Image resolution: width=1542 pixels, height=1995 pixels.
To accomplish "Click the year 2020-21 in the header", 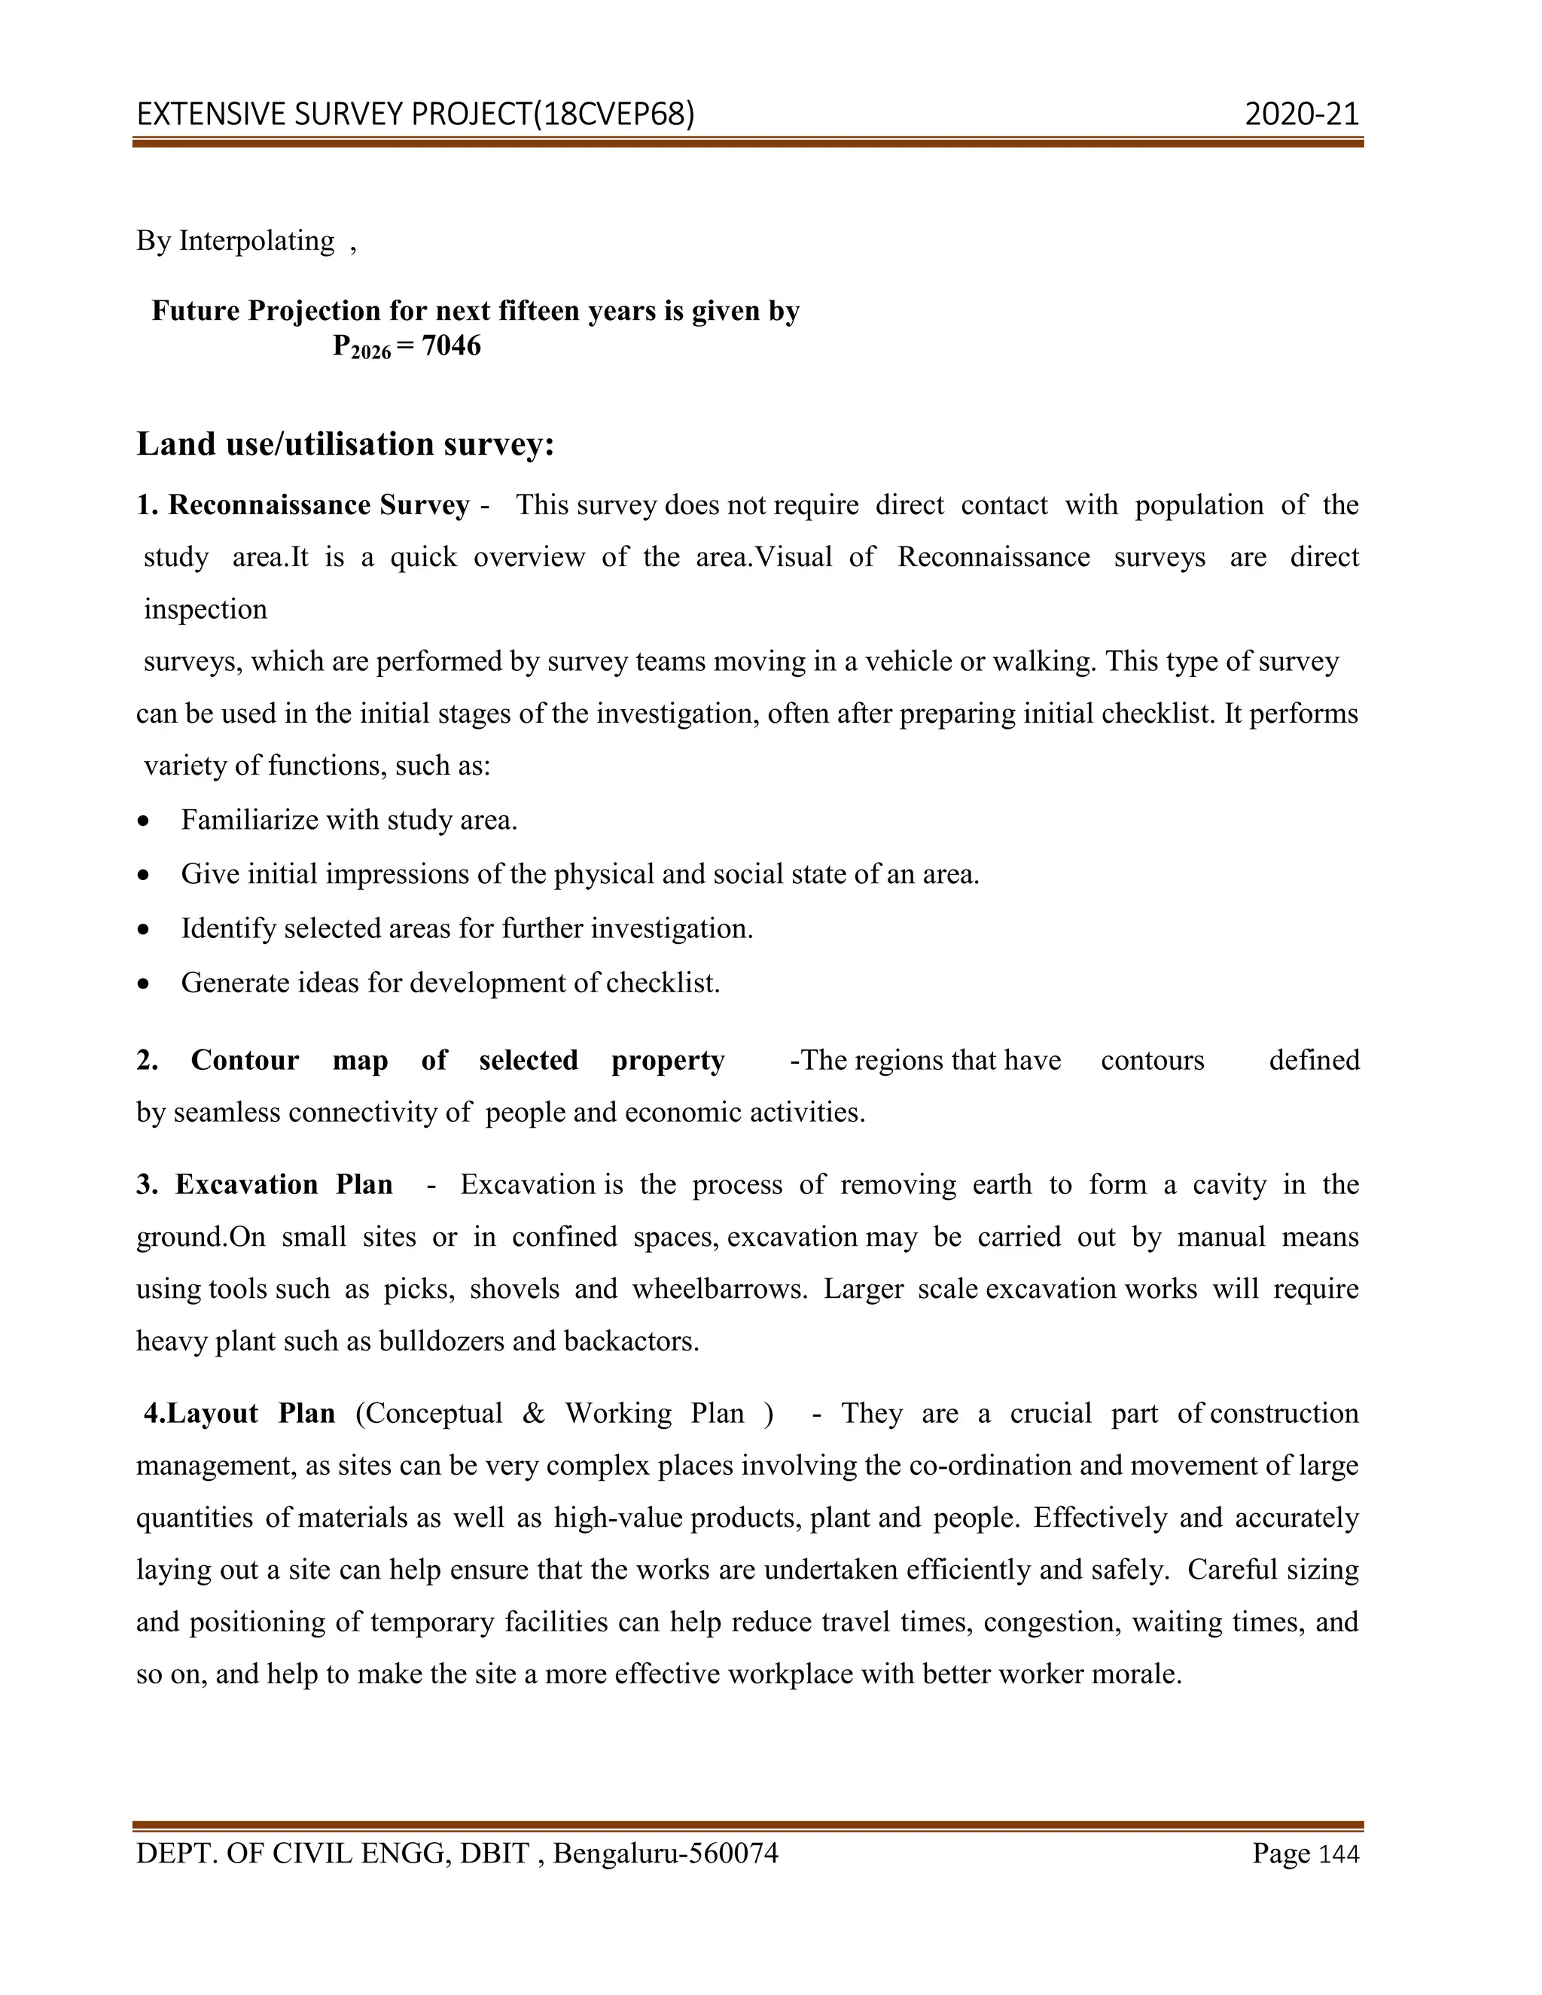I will tap(1301, 114).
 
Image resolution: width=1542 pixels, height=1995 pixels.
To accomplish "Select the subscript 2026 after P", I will tap(371, 352).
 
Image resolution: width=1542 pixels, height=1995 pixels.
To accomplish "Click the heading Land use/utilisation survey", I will tap(346, 444).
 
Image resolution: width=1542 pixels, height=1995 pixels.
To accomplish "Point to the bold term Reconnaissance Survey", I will tap(318, 505).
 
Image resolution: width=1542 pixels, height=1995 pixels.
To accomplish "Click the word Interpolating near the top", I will tap(257, 240).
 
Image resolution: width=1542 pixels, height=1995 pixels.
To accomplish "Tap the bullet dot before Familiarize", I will tap(143, 821).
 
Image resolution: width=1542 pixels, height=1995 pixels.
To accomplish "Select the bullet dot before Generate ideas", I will tap(143, 984).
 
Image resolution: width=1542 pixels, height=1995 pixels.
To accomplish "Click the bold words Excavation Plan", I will tap(284, 1184).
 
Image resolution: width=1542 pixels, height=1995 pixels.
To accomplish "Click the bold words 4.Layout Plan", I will tap(239, 1413).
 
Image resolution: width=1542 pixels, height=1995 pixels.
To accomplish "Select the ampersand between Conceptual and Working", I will tap(534, 1413).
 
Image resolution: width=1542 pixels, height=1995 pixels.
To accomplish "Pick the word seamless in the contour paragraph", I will tap(227, 1112).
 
